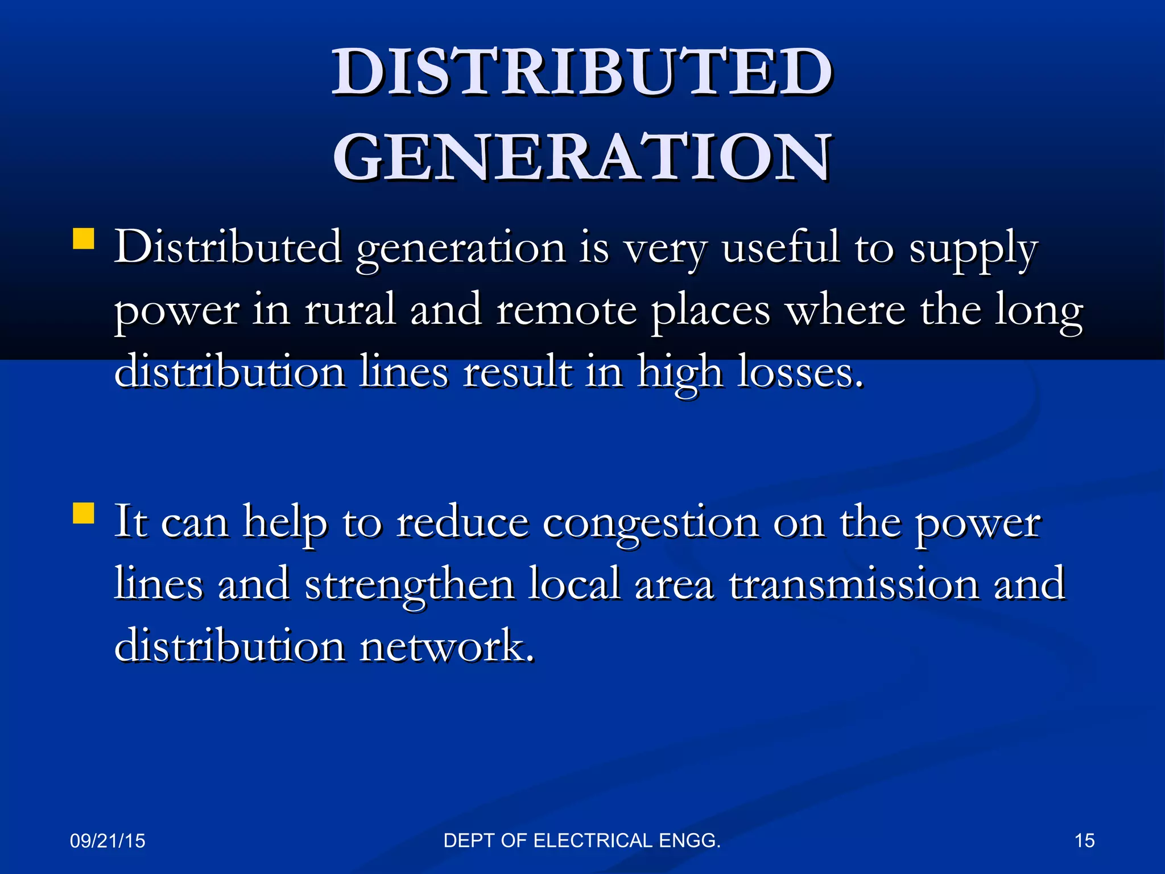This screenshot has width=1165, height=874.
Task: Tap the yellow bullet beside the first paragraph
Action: [x=84, y=239]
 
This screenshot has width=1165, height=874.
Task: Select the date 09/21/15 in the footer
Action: [x=108, y=841]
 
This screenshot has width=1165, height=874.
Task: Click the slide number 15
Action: [x=1084, y=841]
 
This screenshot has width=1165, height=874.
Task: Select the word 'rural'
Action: [x=349, y=310]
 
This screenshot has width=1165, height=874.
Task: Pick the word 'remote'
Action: [x=566, y=311]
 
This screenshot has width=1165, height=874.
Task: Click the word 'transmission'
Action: [x=854, y=585]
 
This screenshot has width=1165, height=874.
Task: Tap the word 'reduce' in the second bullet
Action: [x=462, y=522]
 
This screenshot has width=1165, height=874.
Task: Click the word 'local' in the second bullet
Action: [x=574, y=584]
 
